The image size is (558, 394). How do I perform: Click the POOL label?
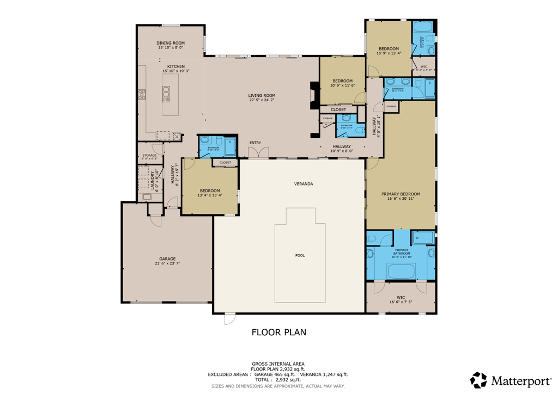point(300,255)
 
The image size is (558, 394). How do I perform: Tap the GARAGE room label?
point(167,259)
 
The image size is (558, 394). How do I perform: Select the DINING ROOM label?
point(171,43)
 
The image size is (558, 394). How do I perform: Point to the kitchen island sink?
point(166,95)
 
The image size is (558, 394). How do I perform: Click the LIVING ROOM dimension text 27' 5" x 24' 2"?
point(262,100)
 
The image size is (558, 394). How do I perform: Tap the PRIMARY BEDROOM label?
point(401,194)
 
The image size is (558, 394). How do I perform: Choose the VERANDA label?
point(304,184)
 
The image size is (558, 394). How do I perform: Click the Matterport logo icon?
point(479,380)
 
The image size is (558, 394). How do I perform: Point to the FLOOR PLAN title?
point(278,332)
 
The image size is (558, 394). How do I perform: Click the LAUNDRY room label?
point(157,181)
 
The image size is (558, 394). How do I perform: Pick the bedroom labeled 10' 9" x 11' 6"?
point(343,83)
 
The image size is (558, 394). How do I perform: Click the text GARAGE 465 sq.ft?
point(275,374)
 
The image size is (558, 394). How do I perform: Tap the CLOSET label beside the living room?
point(338,109)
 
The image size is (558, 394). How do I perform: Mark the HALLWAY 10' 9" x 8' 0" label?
point(342,148)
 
